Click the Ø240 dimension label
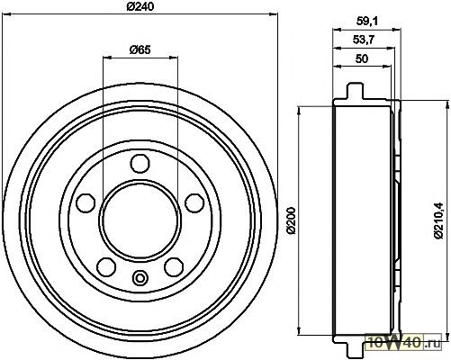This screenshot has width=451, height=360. coord(140,6)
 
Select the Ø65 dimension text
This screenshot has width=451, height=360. coord(140,49)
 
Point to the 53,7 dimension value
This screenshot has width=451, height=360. coord(364,40)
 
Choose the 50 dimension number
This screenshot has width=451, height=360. coord(362,58)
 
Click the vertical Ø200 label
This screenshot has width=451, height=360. coord(292,220)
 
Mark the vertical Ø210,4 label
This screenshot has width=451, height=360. coord(438,220)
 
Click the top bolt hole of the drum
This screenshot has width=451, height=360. coord(140,163)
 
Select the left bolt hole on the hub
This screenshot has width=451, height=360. coord(86,203)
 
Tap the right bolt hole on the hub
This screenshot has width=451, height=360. coord(194,203)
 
